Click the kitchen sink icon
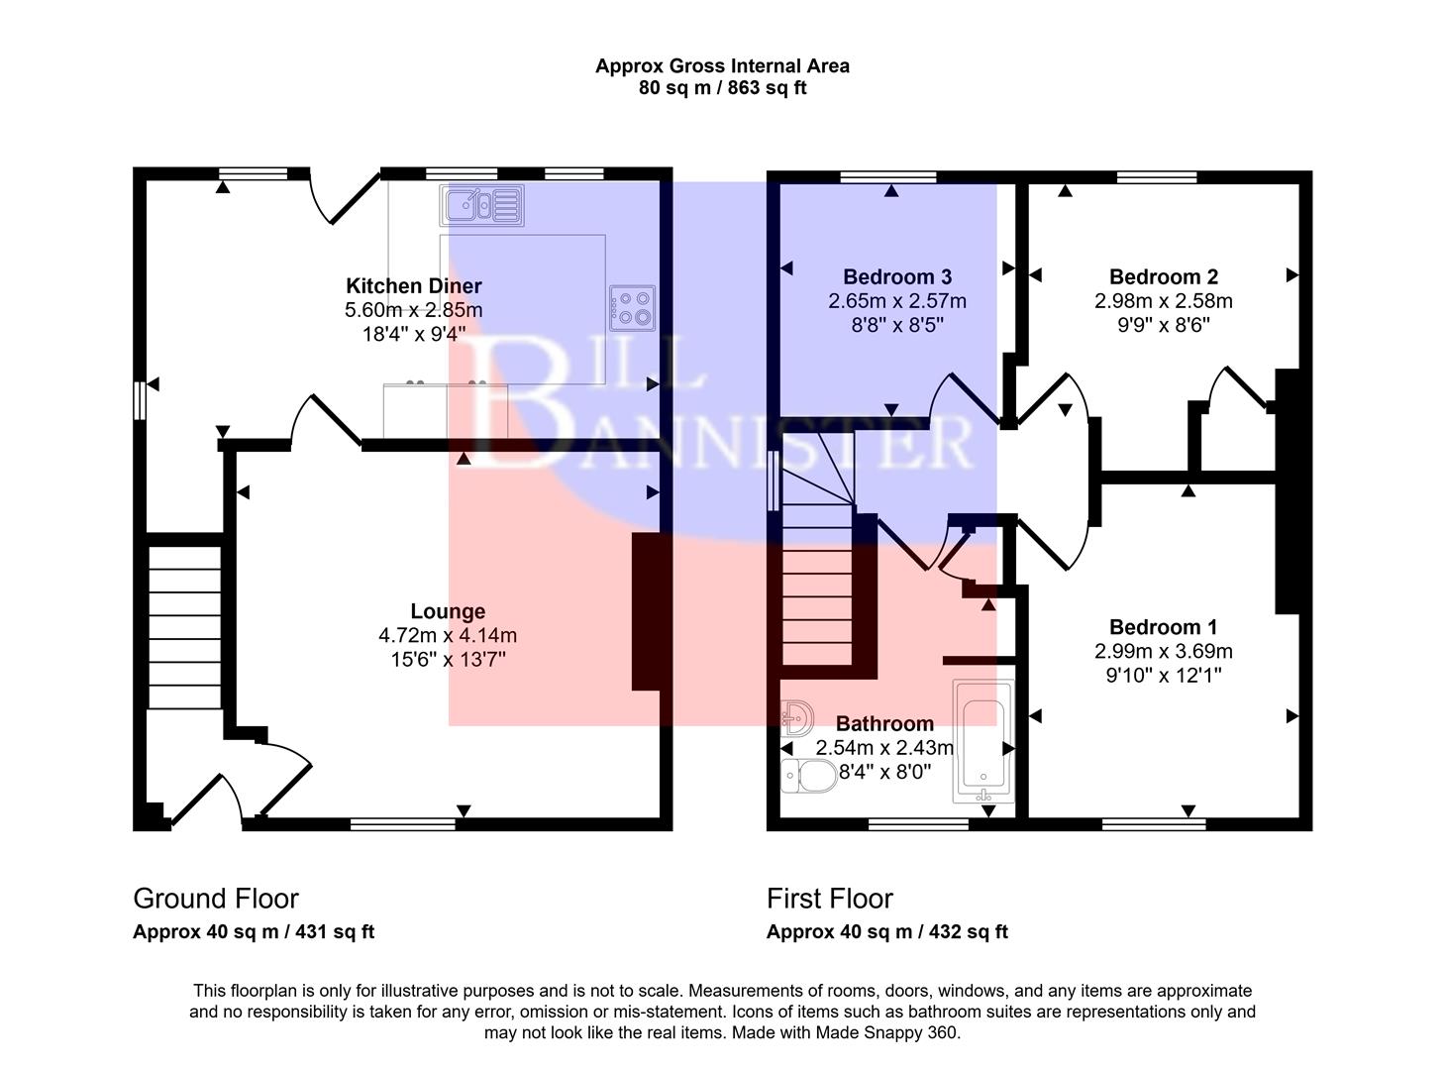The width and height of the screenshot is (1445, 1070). tap(481, 205)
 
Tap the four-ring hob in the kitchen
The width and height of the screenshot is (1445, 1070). tap(633, 307)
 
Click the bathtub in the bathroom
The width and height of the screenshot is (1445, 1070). tap(982, 741)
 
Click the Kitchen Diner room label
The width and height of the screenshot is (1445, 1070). tap(414, 286)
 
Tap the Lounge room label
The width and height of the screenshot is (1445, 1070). tap(448, 612)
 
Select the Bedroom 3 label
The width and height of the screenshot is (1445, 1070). tap(896, 277)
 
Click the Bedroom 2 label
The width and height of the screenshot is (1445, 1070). tap(1163, 277)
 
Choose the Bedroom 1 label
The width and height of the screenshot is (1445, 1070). tap(1163, 627)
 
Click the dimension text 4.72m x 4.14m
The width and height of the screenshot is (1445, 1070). tap(448, 636)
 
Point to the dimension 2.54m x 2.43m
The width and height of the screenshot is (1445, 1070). tap(883, 748)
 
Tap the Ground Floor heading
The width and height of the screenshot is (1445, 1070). tap(216, 899)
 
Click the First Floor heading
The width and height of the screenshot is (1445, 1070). tap(829, 899)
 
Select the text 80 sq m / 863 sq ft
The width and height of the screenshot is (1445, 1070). tap(722, 88)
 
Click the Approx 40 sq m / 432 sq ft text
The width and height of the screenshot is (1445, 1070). tap(886, 932)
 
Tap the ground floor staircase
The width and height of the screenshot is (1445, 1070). tap(184, 624)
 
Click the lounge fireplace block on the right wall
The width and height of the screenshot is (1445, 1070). tap(646, 611)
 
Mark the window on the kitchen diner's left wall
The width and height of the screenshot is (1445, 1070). tap(140, 401)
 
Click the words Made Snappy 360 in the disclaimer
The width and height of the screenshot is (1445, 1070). tap(885, 1032)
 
